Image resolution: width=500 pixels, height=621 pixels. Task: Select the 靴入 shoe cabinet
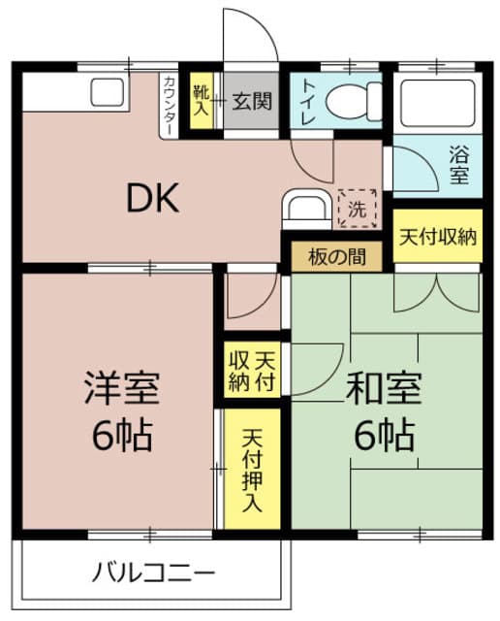point(201,101)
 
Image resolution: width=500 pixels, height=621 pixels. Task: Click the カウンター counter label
point(170,105)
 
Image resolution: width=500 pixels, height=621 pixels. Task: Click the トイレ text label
point(307,100)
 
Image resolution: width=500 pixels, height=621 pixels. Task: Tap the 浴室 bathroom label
point(459,164)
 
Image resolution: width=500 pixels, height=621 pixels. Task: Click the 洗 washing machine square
point(359,208)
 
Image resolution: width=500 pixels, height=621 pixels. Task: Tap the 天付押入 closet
point(253,470)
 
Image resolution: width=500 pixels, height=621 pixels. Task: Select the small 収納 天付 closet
point(251,369)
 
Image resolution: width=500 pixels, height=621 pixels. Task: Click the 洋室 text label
point(122,388)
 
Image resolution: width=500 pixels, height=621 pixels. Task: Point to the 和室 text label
point(385,387)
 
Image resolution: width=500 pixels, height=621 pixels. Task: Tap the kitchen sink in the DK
point(107,94)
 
